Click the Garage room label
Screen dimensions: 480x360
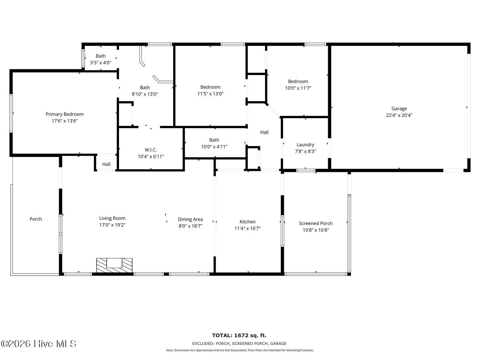pos(399,108)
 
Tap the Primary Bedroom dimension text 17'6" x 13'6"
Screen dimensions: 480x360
pos(64,121)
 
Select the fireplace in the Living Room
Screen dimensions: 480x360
pos(114,265)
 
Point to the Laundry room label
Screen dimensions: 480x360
pos(305,145)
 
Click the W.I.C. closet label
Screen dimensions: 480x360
pos(151,150)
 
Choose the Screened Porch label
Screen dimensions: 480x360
pos(316,223)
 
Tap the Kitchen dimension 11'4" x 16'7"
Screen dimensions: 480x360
pos(247,228)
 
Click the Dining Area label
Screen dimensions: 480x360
pos(190,219)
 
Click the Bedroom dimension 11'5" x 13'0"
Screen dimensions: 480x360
pos(210,94)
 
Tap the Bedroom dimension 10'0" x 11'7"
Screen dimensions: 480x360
pos(298,88)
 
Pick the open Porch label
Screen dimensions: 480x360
pos(36,219)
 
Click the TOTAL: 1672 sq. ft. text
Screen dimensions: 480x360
pos(239,335)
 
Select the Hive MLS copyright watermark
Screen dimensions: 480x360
pos(38,344)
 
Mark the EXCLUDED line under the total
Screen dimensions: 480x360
pos(239,343)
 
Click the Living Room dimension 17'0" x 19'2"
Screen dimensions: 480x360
pos(112,225)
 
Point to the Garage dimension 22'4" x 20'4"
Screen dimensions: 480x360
pos(399,115)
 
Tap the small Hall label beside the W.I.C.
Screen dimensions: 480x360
pos(106,164)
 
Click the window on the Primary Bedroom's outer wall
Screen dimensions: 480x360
pos(11,113)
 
